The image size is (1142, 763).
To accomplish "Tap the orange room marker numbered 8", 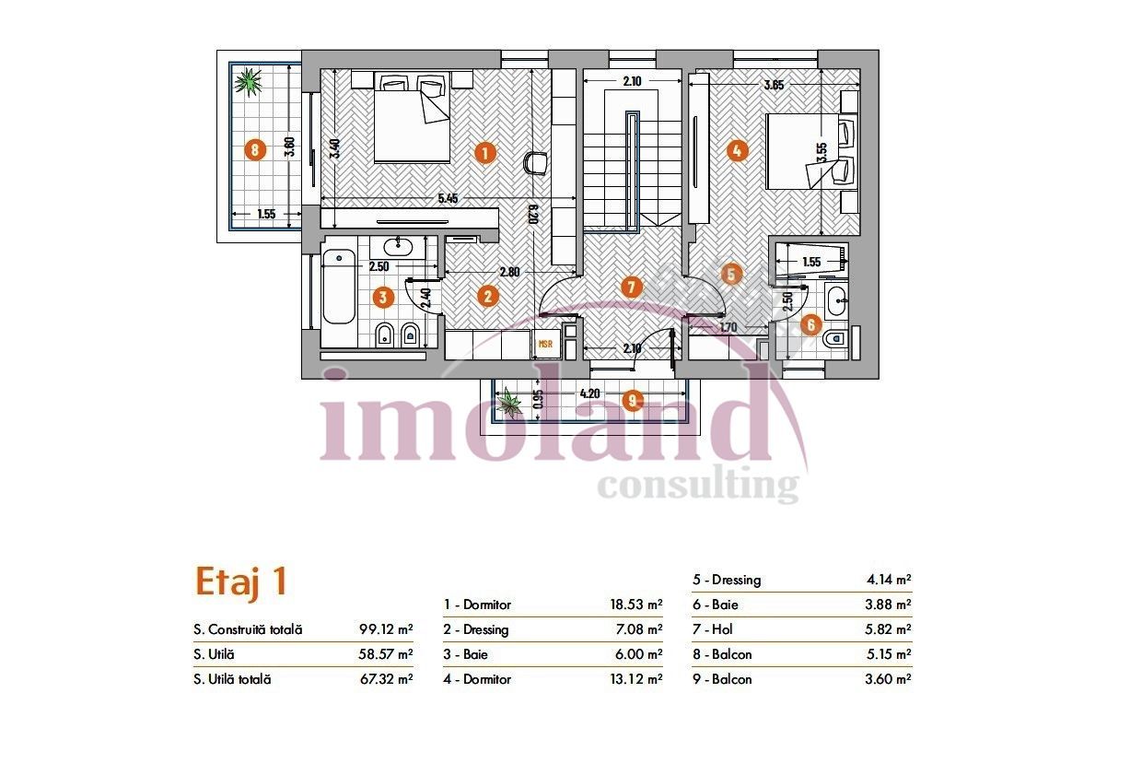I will [256, 149].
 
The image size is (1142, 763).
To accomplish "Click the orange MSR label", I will [546, 344].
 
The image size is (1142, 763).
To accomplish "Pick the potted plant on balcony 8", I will [248, 81].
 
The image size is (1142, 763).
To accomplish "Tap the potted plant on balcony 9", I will [507, 401].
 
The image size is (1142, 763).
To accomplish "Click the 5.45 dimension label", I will [448, 198].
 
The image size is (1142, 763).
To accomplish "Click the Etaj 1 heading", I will [241, 581].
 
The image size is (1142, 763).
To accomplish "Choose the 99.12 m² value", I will [385, 630].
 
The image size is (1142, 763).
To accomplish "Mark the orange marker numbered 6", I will [810, 323].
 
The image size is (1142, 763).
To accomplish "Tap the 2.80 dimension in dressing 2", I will [510, 272].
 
